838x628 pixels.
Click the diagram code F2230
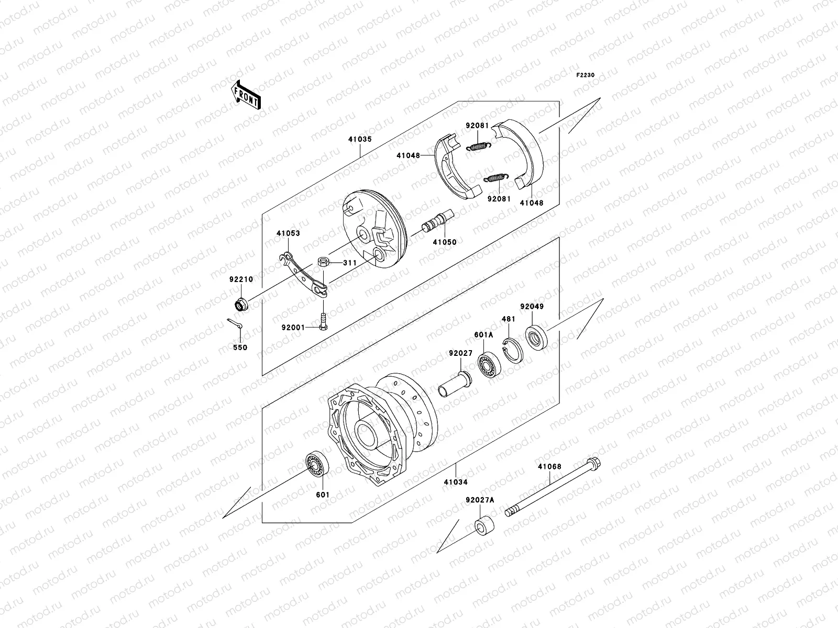pyautogui.click(x=586, y=75)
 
